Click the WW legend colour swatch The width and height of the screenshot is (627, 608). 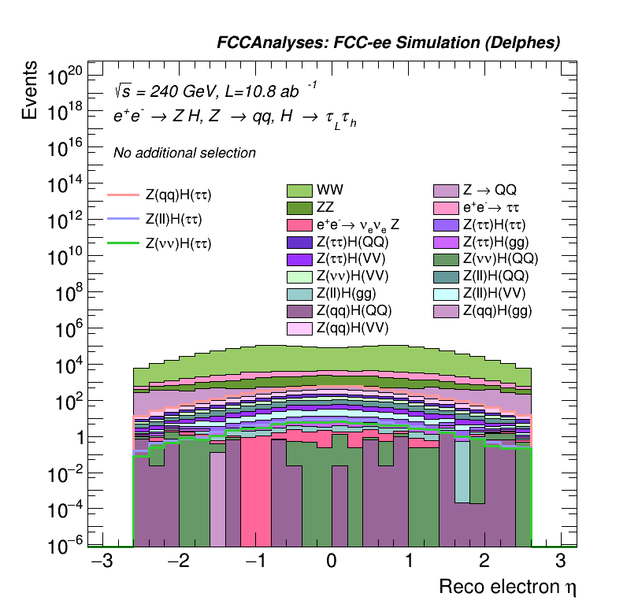(299, 191)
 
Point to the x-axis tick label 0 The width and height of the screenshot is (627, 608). (331, 562)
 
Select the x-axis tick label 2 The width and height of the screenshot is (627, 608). (484, 562)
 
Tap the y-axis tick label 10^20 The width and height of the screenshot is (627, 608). (65, 76)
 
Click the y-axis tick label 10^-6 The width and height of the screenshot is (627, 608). (64, 546)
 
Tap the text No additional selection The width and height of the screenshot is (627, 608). (184, 153)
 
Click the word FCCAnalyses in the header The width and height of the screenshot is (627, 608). (265, 44)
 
